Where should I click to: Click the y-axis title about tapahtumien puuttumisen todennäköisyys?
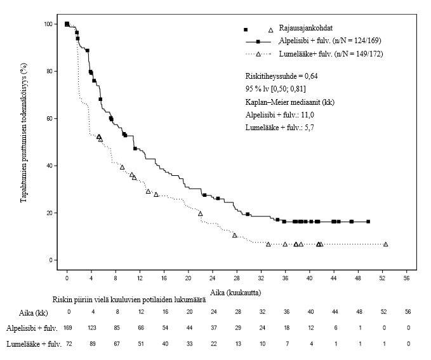23,142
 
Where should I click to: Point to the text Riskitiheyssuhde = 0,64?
281,76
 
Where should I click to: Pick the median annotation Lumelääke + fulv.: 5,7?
279,128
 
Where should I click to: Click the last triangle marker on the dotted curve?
385,244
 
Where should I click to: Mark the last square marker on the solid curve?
368,222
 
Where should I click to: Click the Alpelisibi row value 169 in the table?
67,328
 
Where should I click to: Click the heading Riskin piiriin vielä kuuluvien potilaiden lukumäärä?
129,299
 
